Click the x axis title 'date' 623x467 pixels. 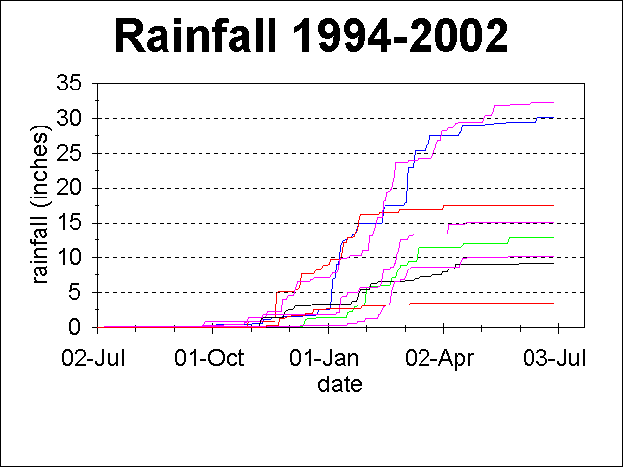click(x=340, y=384)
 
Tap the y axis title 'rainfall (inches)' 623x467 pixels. click(x=42, y=205)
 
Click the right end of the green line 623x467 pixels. click(x=553, y=237)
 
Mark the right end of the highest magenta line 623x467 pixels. click(x=553, y=102)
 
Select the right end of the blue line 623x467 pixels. click(x=553, y=117)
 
